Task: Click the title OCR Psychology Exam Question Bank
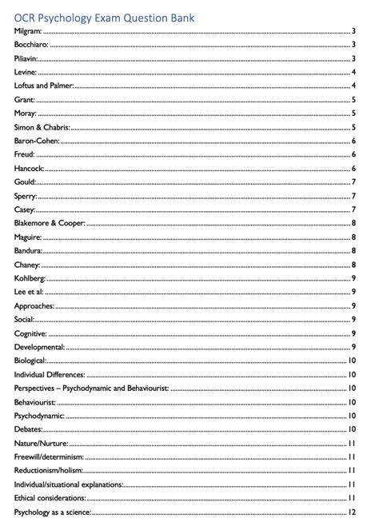(x=108, y=16)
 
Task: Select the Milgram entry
(x=28, y=31)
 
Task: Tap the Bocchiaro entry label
(x=31, y=45)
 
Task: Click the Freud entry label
(x=26, y=154)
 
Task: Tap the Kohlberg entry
(x=30, y=278)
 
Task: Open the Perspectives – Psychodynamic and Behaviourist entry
(x=90, y=388)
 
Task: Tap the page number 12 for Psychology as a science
(x=352, y=512)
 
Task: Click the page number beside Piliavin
(x=353, y=58)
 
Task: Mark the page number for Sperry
(x=353, y=196)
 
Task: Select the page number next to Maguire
(x=353, y=237)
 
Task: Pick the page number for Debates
(x=352, y=429)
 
